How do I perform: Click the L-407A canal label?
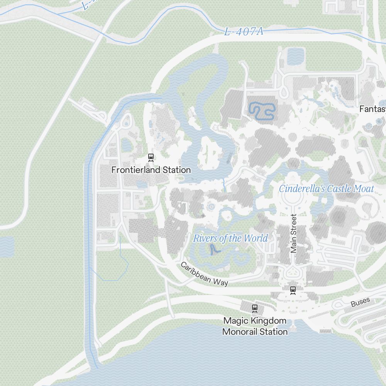pos(244,32)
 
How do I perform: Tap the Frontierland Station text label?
pos(151,170)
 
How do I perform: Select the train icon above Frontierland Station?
pos(151,157)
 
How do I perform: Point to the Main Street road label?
pos(294,234)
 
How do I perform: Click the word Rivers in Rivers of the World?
pos(205,238)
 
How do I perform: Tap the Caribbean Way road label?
pos(204,274)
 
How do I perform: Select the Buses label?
pos(360,302)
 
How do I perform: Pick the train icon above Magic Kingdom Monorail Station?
pos(255,308)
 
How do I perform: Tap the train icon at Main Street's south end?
pos(293,289)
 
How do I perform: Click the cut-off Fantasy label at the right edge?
pos(372,109)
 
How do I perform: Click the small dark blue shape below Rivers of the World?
pos(213,250)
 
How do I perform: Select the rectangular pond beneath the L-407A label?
pos(295,56)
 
